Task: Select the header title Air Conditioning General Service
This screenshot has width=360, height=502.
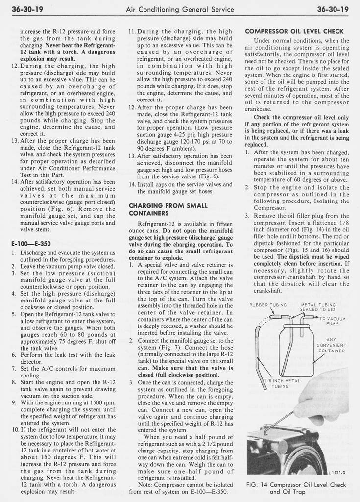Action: click(180, 9)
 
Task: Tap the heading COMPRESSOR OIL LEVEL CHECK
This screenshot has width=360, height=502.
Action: click(294, 32)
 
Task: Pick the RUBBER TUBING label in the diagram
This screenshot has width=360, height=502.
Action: click(268, 304)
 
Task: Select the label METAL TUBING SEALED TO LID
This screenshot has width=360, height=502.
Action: click(317, 307)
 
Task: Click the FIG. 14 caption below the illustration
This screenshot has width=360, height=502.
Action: click(295, 488)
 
